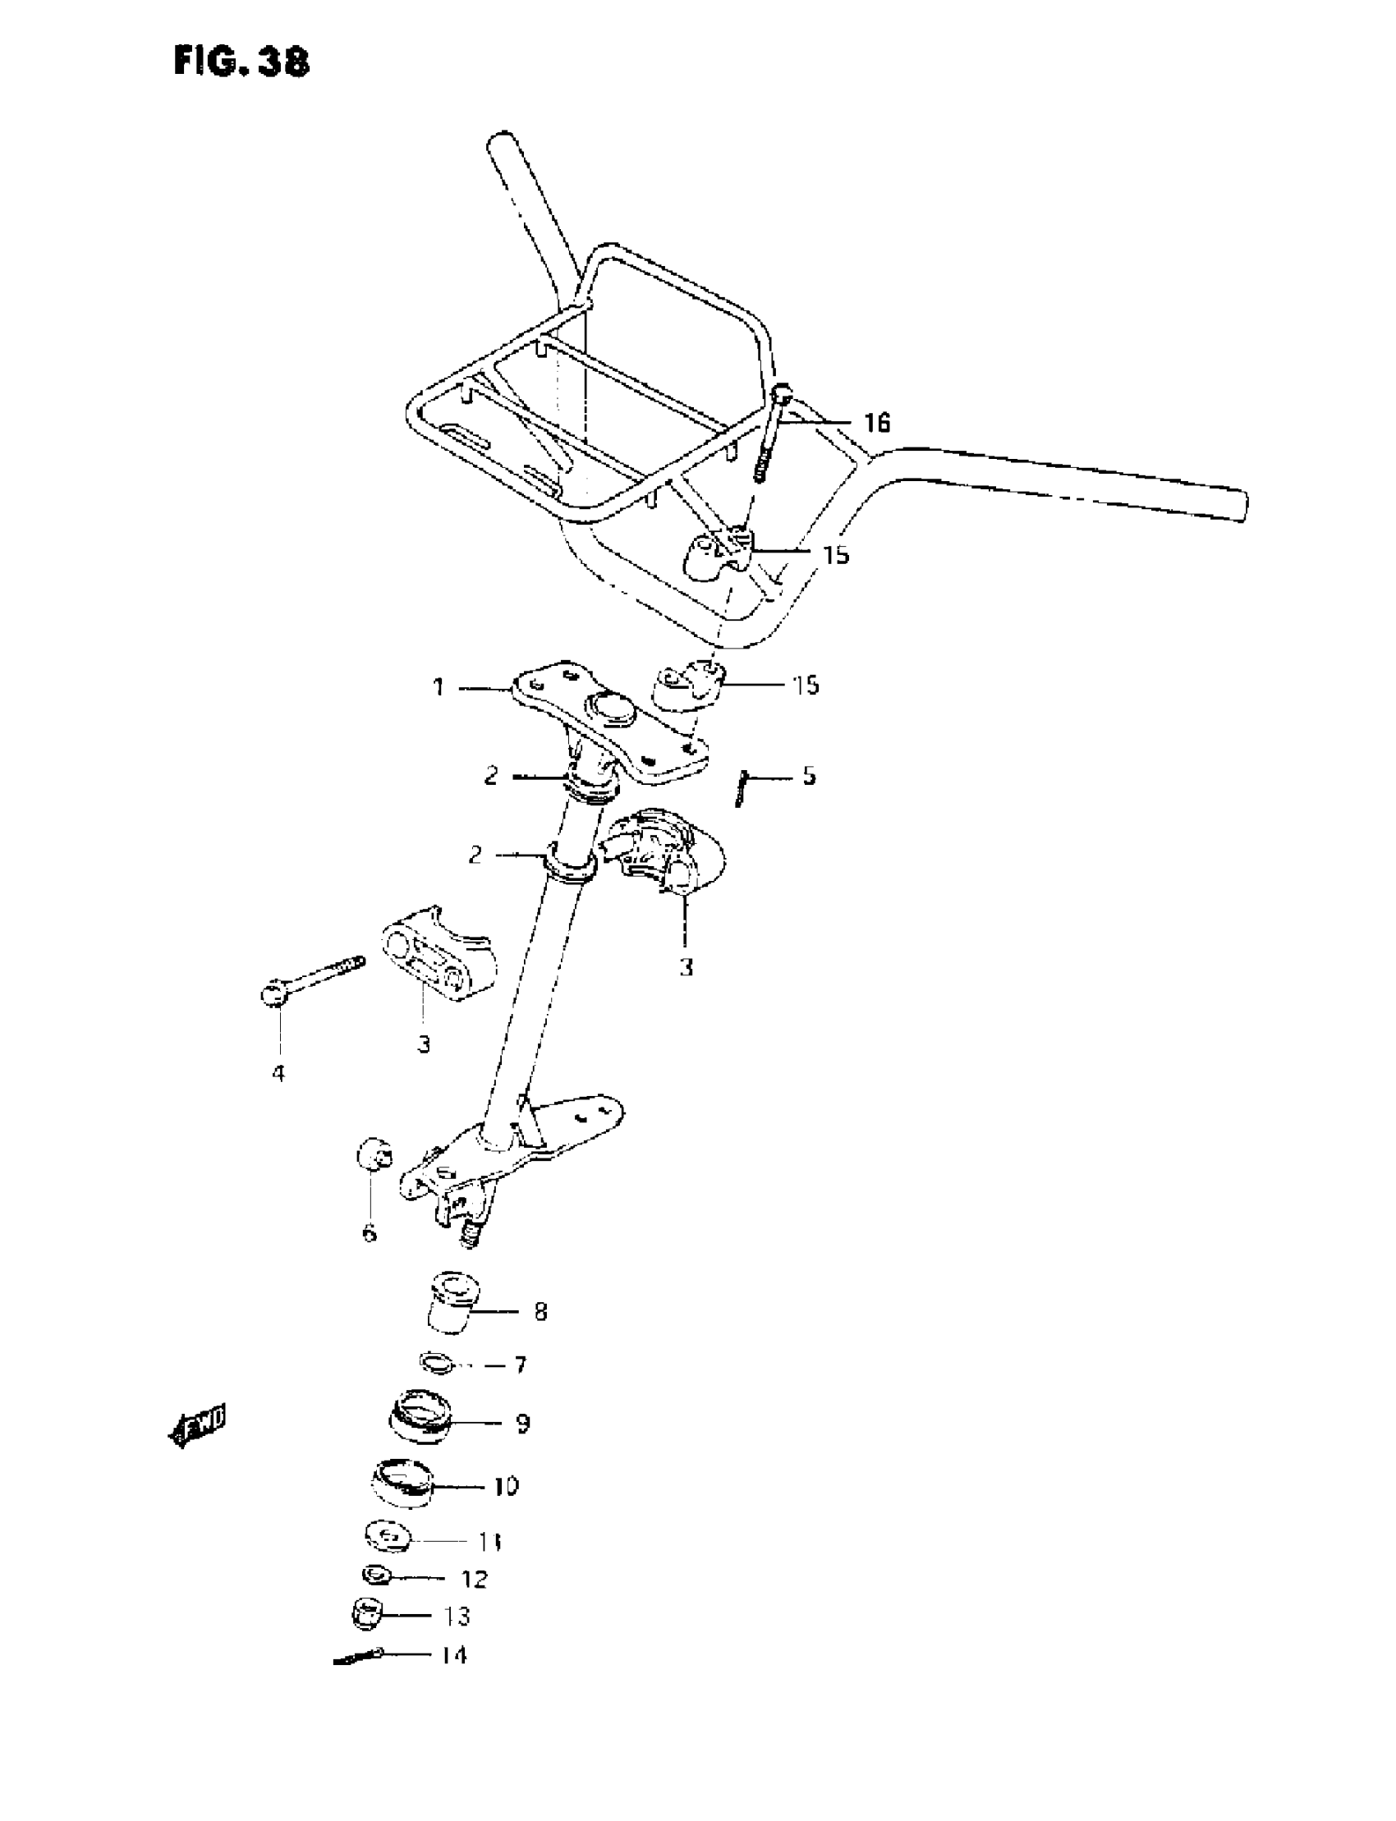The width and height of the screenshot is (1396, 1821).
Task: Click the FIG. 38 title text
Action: coord(241,62)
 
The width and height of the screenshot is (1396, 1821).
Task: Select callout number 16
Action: coord(877,423)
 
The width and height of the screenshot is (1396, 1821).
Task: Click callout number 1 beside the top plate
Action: coord(439,687)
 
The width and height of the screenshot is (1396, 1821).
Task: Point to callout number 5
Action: coord(809,776)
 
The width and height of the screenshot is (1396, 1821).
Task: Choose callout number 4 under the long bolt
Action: coord(278,1073)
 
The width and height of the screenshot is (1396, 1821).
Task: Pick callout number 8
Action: coord(540,1312)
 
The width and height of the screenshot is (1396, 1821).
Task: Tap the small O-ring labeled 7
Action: coord(436,1363)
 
